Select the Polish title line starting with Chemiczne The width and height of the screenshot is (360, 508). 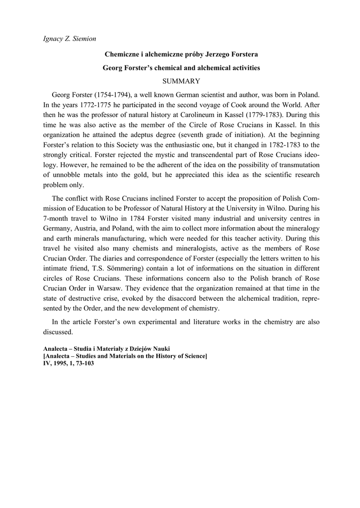181,54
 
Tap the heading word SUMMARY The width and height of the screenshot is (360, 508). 181,80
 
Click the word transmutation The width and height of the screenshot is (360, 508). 297,164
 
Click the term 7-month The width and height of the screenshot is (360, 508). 55,218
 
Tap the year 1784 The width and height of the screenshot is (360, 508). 132,218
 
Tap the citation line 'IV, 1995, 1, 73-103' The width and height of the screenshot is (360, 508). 69,363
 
